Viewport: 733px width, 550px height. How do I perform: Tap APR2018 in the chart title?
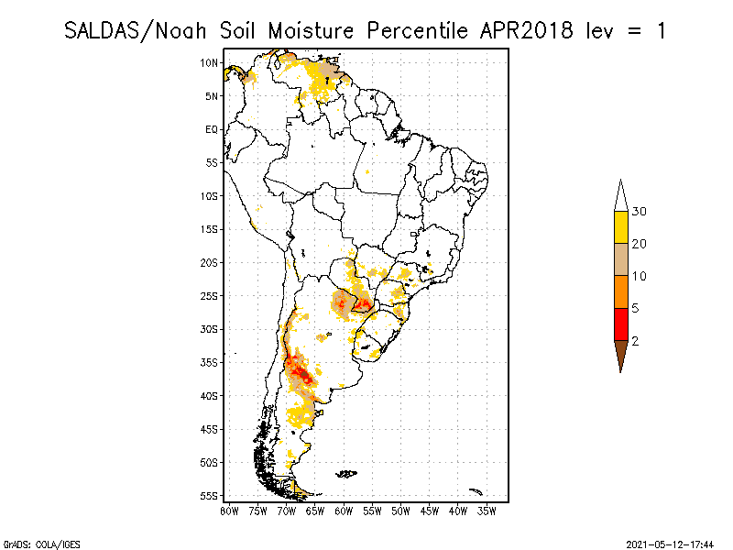pos(526,30)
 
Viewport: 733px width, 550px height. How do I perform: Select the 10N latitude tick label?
pos(210,62)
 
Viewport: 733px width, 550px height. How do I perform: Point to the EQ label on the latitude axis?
pos(212,129)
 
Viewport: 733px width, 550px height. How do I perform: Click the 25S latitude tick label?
pos(210,295)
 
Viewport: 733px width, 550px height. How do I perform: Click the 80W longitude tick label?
pos(229,510)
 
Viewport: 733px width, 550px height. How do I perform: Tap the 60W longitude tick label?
pos(344,510)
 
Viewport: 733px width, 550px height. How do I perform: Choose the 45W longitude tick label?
pos(430,510)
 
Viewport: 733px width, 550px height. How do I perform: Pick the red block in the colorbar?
pos(620,324)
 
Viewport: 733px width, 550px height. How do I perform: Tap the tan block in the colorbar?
pos(620,259)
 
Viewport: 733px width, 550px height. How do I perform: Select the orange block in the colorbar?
pos(620,291)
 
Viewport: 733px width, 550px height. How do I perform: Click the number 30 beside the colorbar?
pos(640,212)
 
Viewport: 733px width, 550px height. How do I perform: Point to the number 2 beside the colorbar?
pos(636,340)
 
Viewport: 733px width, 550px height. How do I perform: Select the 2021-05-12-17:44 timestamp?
pos(670,543)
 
